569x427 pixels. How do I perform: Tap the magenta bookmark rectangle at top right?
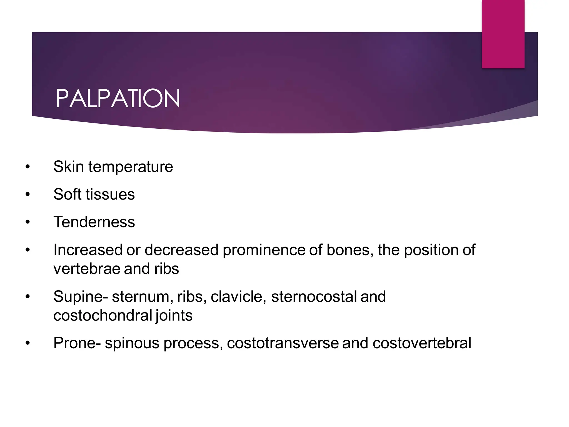pyautogui.click(x=503, y=34)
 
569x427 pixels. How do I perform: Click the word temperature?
pyautogui.click(x=131, y=167)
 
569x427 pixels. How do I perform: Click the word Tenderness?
pyautogui.click(x=94, y=222)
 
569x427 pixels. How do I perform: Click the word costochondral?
pyautogui.click(x=103, y=316)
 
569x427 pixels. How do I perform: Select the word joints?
pyautogui.click(x=174, y=316)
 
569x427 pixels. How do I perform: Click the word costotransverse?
pyautogui.click(x=283, y=343)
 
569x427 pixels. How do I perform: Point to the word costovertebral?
pyautogui.click(x=422, y=343)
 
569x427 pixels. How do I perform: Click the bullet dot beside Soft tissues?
pyautogui.click(x=27, y=195)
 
